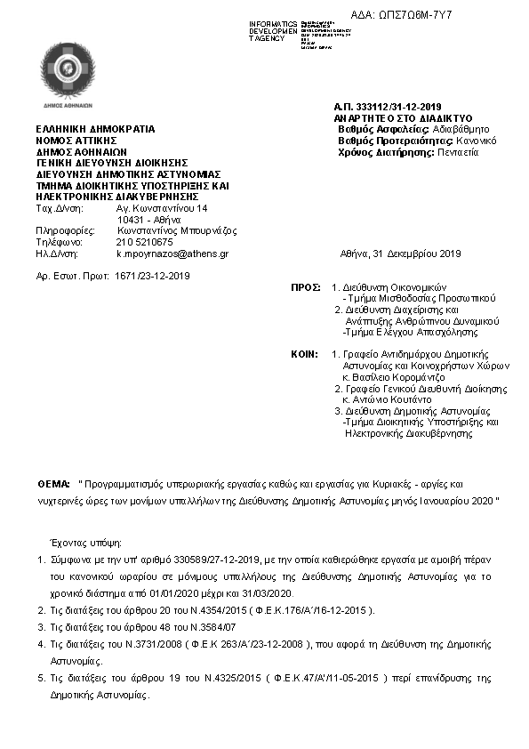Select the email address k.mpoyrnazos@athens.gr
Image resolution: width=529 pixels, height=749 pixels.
(172, 254)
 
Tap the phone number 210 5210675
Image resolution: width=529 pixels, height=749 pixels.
(145, 242)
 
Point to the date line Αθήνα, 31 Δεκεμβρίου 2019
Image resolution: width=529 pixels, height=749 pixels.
(401, 254)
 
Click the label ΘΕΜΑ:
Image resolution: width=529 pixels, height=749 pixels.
(54, 483)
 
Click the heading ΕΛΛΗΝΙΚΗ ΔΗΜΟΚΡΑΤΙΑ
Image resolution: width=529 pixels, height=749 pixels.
(95, 129)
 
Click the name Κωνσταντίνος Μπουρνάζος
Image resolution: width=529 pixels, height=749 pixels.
(177, 230)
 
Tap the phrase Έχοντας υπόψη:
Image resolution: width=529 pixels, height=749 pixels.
(87, 541)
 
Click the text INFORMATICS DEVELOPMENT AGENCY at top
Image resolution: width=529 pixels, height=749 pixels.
(273, 30)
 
